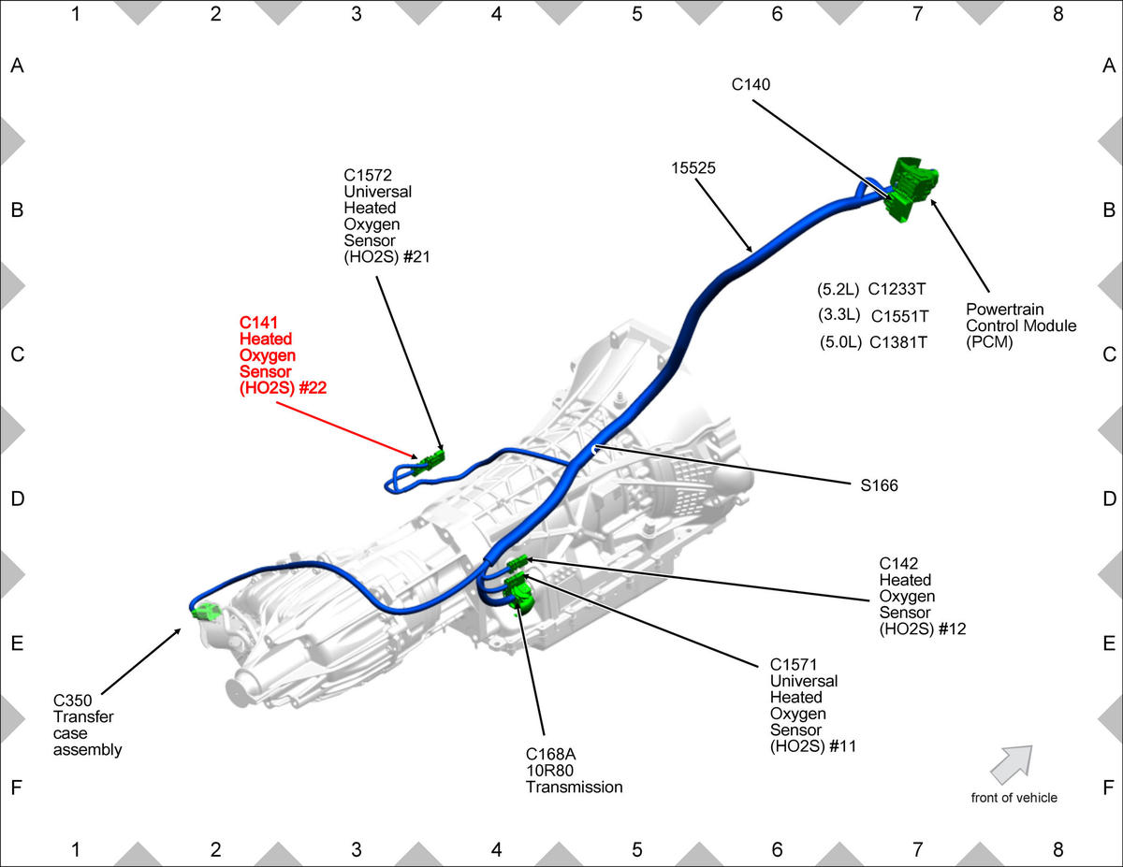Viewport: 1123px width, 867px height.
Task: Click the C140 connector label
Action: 751,84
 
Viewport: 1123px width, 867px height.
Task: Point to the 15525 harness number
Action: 693,167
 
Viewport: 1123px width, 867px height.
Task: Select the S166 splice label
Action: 879,485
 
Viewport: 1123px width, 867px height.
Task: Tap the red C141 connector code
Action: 258,323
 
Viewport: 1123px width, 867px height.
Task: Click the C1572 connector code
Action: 368,175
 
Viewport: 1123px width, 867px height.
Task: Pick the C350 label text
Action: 72,701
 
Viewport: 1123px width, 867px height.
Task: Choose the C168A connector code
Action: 551,754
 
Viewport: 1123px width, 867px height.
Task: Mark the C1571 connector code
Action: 794,664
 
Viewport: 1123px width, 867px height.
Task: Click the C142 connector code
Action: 898,563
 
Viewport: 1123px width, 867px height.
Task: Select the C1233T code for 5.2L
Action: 897,289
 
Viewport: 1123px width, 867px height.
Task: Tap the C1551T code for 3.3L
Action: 899,316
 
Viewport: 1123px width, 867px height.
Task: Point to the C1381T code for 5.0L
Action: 898,342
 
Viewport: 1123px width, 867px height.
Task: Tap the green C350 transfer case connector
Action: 207,612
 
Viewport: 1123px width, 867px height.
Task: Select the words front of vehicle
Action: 1014,798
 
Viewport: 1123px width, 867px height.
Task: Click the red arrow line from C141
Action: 347,430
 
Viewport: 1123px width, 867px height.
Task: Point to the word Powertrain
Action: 1005,310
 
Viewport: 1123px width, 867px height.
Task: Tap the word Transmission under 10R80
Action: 575,787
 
